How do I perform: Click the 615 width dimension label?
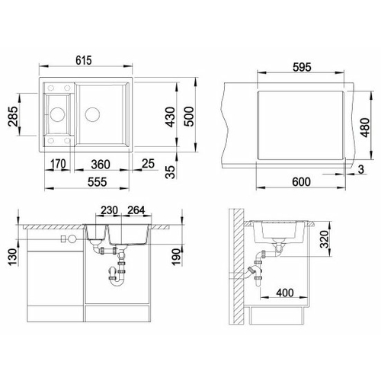tap(84, 61)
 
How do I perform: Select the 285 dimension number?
tap(13, 117)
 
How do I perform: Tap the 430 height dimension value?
tap(170, 117)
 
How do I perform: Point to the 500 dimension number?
tap(189, 117)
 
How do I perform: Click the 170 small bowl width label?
tap(58, 164)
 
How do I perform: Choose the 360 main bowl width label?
tap(101, 165)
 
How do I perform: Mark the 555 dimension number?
tap(98, 182)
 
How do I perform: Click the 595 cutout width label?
tap(302, 67)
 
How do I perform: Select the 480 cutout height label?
tap(365, 127)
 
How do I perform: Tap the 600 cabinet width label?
tap(301, 182)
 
